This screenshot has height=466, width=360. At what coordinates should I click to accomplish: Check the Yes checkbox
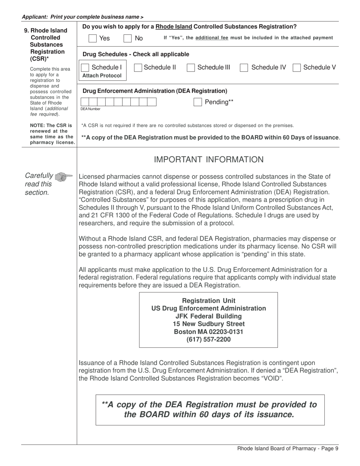[x=92, y=38]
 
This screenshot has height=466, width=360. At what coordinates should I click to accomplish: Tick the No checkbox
[x=128, y=38]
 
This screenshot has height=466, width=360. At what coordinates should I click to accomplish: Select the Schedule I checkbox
[x=86, y=67]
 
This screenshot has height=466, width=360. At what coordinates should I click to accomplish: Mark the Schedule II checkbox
[x=138, y=67]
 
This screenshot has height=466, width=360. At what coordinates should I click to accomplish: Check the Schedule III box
[x=191, y=67]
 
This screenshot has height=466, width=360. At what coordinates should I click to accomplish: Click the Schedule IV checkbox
[x=244, y=67]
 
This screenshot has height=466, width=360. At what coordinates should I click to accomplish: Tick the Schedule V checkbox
[x=297, y=67]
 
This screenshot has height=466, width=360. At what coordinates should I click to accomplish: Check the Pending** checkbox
[x=198, y=102]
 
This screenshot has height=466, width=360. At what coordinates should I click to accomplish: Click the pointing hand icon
[x=63, y=177]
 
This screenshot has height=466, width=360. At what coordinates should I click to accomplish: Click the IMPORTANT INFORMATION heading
[x=208, y=160]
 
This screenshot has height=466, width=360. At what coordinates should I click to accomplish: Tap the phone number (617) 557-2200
[x=208, y=339]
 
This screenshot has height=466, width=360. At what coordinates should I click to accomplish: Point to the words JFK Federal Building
[x=208, y=316]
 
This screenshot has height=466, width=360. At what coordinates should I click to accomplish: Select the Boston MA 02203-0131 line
[x=208, y=332]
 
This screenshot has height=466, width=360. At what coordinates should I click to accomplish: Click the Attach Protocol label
[x=102, y=75]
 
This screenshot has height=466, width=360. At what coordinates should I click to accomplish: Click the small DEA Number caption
[x=90, y=109]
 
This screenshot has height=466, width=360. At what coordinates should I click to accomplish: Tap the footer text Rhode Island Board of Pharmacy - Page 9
[x=288, y=449]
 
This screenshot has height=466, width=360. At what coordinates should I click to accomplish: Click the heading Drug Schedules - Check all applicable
[x=136, y=54]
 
